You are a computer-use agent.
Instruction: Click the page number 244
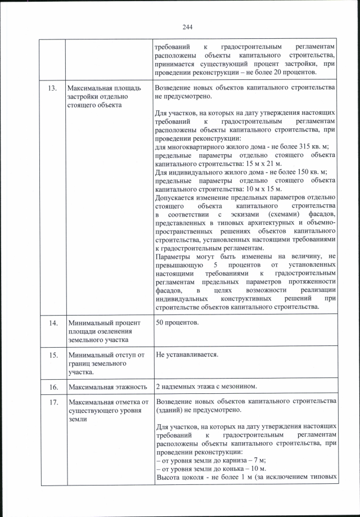[187, 26]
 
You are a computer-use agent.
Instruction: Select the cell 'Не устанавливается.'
[186, 355]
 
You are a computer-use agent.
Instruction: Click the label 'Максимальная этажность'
[107, 386]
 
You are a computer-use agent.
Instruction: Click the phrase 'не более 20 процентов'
[282, 71]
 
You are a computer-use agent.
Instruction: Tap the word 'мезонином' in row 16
[238, 386]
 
